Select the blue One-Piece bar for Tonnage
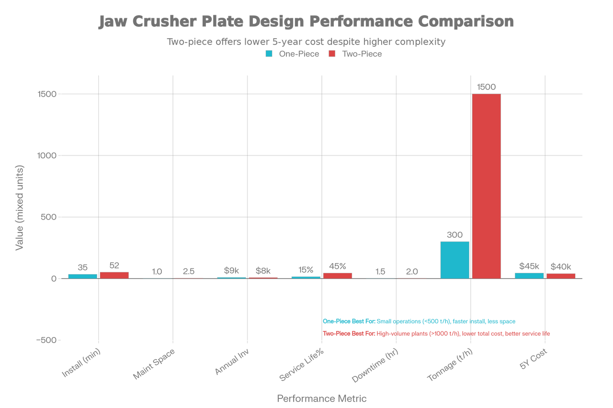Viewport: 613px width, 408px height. [x=454, y=259]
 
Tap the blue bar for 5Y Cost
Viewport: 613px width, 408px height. [x=529, y=275]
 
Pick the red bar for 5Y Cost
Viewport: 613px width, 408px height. [x=561, y=276]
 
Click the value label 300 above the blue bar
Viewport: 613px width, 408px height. [x=454, y=235]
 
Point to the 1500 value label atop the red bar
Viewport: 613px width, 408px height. [x=486, y=87]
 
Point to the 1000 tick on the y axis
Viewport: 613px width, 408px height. [x=47, y=155]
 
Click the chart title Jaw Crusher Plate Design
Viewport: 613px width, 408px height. [x=306, y=22]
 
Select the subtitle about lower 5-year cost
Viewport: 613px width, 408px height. [x=306, y=42]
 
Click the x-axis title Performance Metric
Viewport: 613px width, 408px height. [x=322, y=398]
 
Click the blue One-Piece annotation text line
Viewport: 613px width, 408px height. [x=420, y=321]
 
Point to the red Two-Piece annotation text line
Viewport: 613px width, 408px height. [x=437, y=333]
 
